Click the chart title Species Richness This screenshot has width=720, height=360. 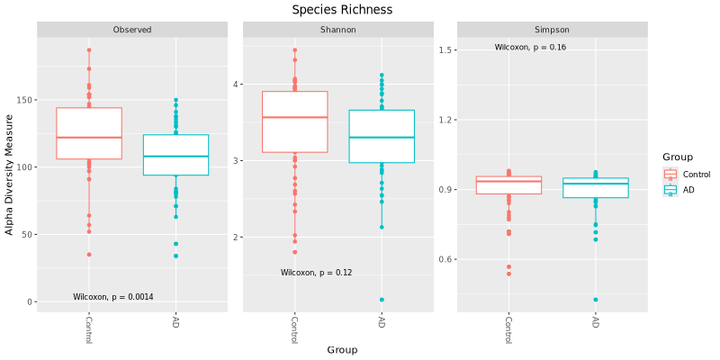tap(342, 10)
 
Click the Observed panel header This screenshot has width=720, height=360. tap(131, 30)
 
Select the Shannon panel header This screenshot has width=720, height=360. tap(337, 30)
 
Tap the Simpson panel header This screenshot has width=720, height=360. tap(552, 30)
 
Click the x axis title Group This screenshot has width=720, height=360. tap(342, 349)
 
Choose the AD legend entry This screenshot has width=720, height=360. tap(688, 190)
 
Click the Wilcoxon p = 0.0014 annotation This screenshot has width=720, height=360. tap(113, 297)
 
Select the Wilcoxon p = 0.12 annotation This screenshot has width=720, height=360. tap(316, 273)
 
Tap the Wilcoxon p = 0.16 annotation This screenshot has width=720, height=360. tap(530, 48)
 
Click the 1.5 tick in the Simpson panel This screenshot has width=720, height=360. tap(440, 50)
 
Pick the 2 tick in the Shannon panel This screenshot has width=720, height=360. tap(234, 238)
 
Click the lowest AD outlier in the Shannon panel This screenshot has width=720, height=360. tap(382, 300)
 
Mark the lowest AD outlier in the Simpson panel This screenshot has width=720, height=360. tap(596, 300)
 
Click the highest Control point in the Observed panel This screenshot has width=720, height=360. tap(89, 50)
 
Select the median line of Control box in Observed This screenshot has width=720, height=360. tap(89, 138)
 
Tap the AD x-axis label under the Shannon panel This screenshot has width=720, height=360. tap(382, 322)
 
